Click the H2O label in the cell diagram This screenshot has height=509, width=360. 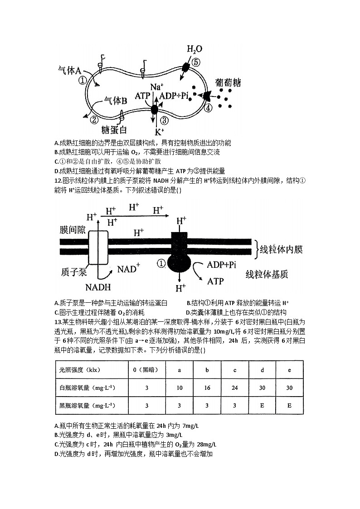point(195,49)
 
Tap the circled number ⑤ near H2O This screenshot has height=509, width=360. point(195,62)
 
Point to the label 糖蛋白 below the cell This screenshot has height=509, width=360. point(114,130)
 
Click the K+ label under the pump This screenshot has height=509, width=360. point(159,132)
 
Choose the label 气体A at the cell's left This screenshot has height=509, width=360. point(69,71)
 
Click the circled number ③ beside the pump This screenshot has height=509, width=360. point(164,120)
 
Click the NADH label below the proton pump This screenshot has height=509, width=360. point(98,287)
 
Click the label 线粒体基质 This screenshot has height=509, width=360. point(267,274)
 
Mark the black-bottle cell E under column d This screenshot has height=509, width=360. point(262,405)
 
